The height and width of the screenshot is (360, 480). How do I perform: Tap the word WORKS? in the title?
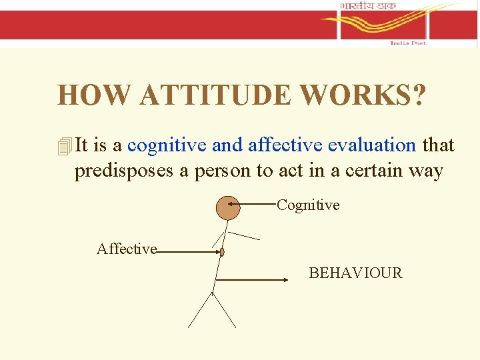pyautogui.click(x=362, y=95)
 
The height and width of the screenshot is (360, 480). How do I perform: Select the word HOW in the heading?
pyautogui.click(x=95, y=95)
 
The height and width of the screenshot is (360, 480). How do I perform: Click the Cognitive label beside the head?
pyautogui.click(x=308, y=205)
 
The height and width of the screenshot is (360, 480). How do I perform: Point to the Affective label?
pyautogui.click(x=127, y=249)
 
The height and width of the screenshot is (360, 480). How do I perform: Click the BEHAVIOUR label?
pyautogui.click(x=355, y=273)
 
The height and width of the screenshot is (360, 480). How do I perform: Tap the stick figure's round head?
pyautogui.click(x=228, y=208)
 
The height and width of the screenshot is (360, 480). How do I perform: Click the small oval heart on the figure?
pyautogui.click(x=223, y=253)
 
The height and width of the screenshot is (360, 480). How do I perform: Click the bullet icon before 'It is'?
pyautogui.click(x=64, y=146)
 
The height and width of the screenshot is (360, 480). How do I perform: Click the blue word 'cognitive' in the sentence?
pyautogui.click(x=167, y=145)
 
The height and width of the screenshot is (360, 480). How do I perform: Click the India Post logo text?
pyautogui.click(x=407, y=43)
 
